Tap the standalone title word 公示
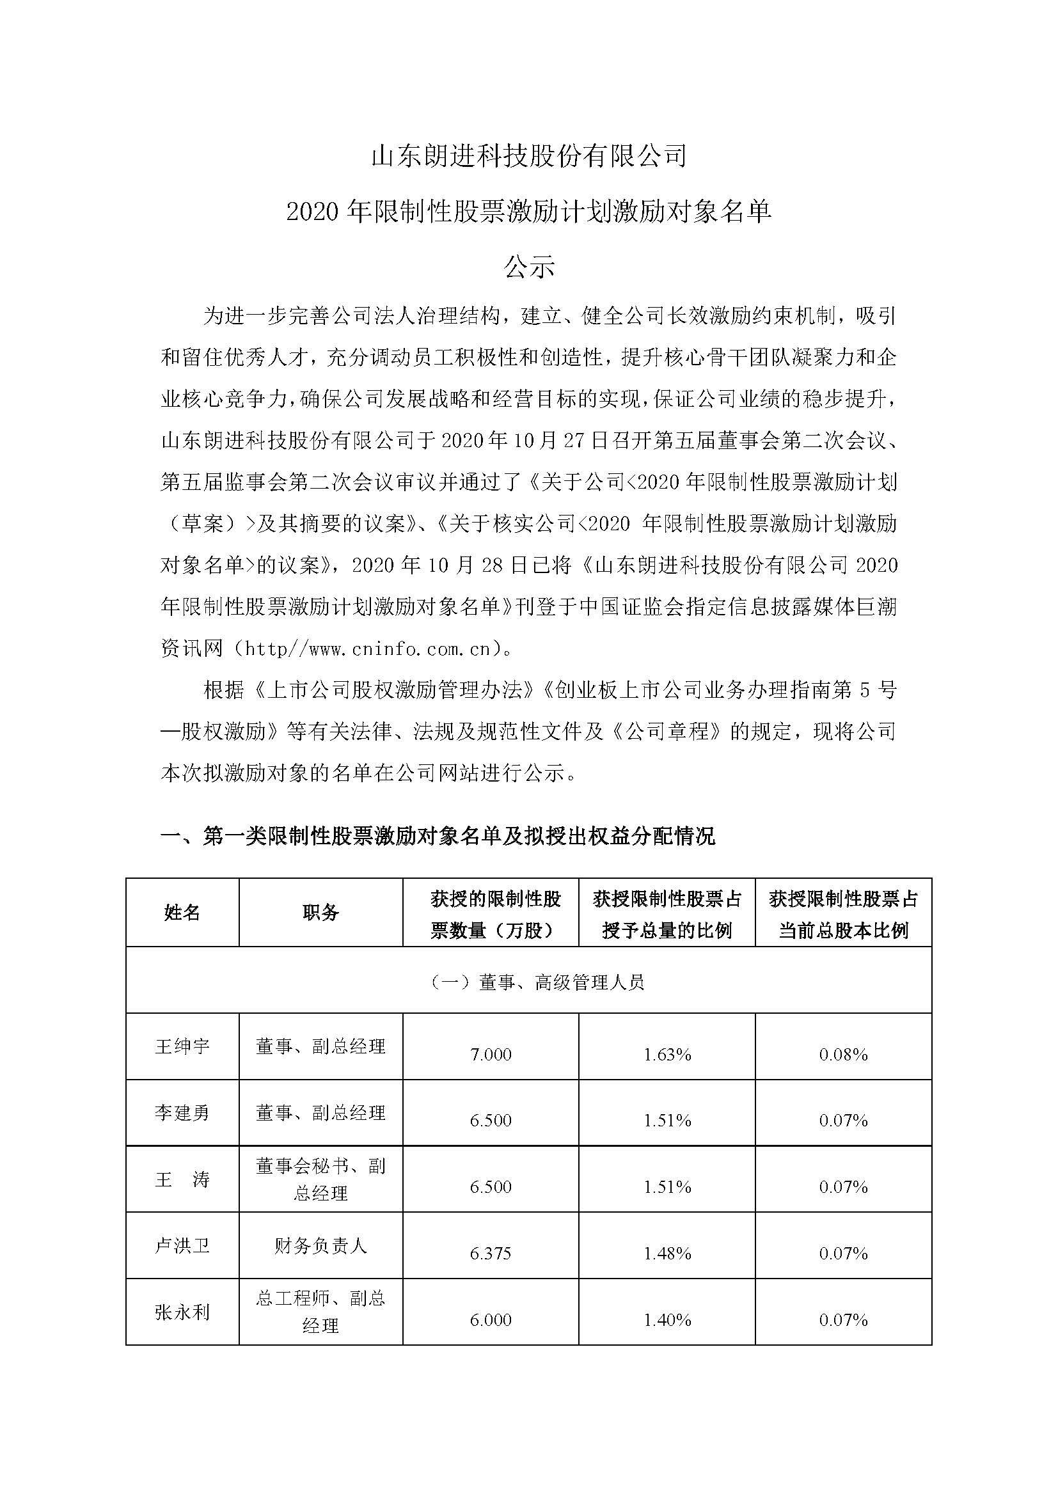pyautogui.click(x=528, y=267)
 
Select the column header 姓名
pyautogui.click(x=182, y=913)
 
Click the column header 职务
pyautogui.click(x=320, y=913)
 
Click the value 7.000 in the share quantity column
pyautogui.click(x=491, y=1055)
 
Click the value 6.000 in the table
pyautogui.click(x=491, y=1320)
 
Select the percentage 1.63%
pyautogui.click(x=667, y=1055)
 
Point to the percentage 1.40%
pyautogui.click(x=667, y=1320)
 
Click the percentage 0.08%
pyautogui.click(x=844, y=1055)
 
